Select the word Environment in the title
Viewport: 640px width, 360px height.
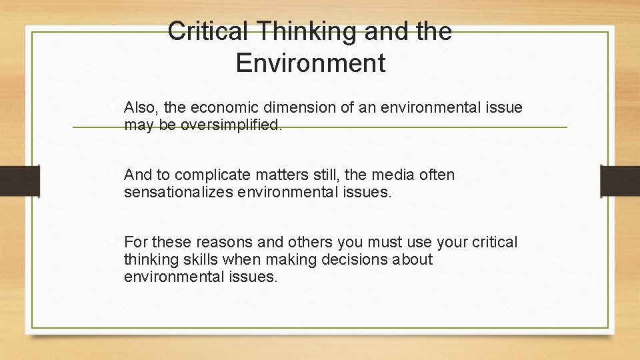pos(311,63)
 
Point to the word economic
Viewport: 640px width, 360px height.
pos(223,107)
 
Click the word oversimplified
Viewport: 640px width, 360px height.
pos(231,125)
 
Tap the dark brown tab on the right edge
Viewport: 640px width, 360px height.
pos(620,181)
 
